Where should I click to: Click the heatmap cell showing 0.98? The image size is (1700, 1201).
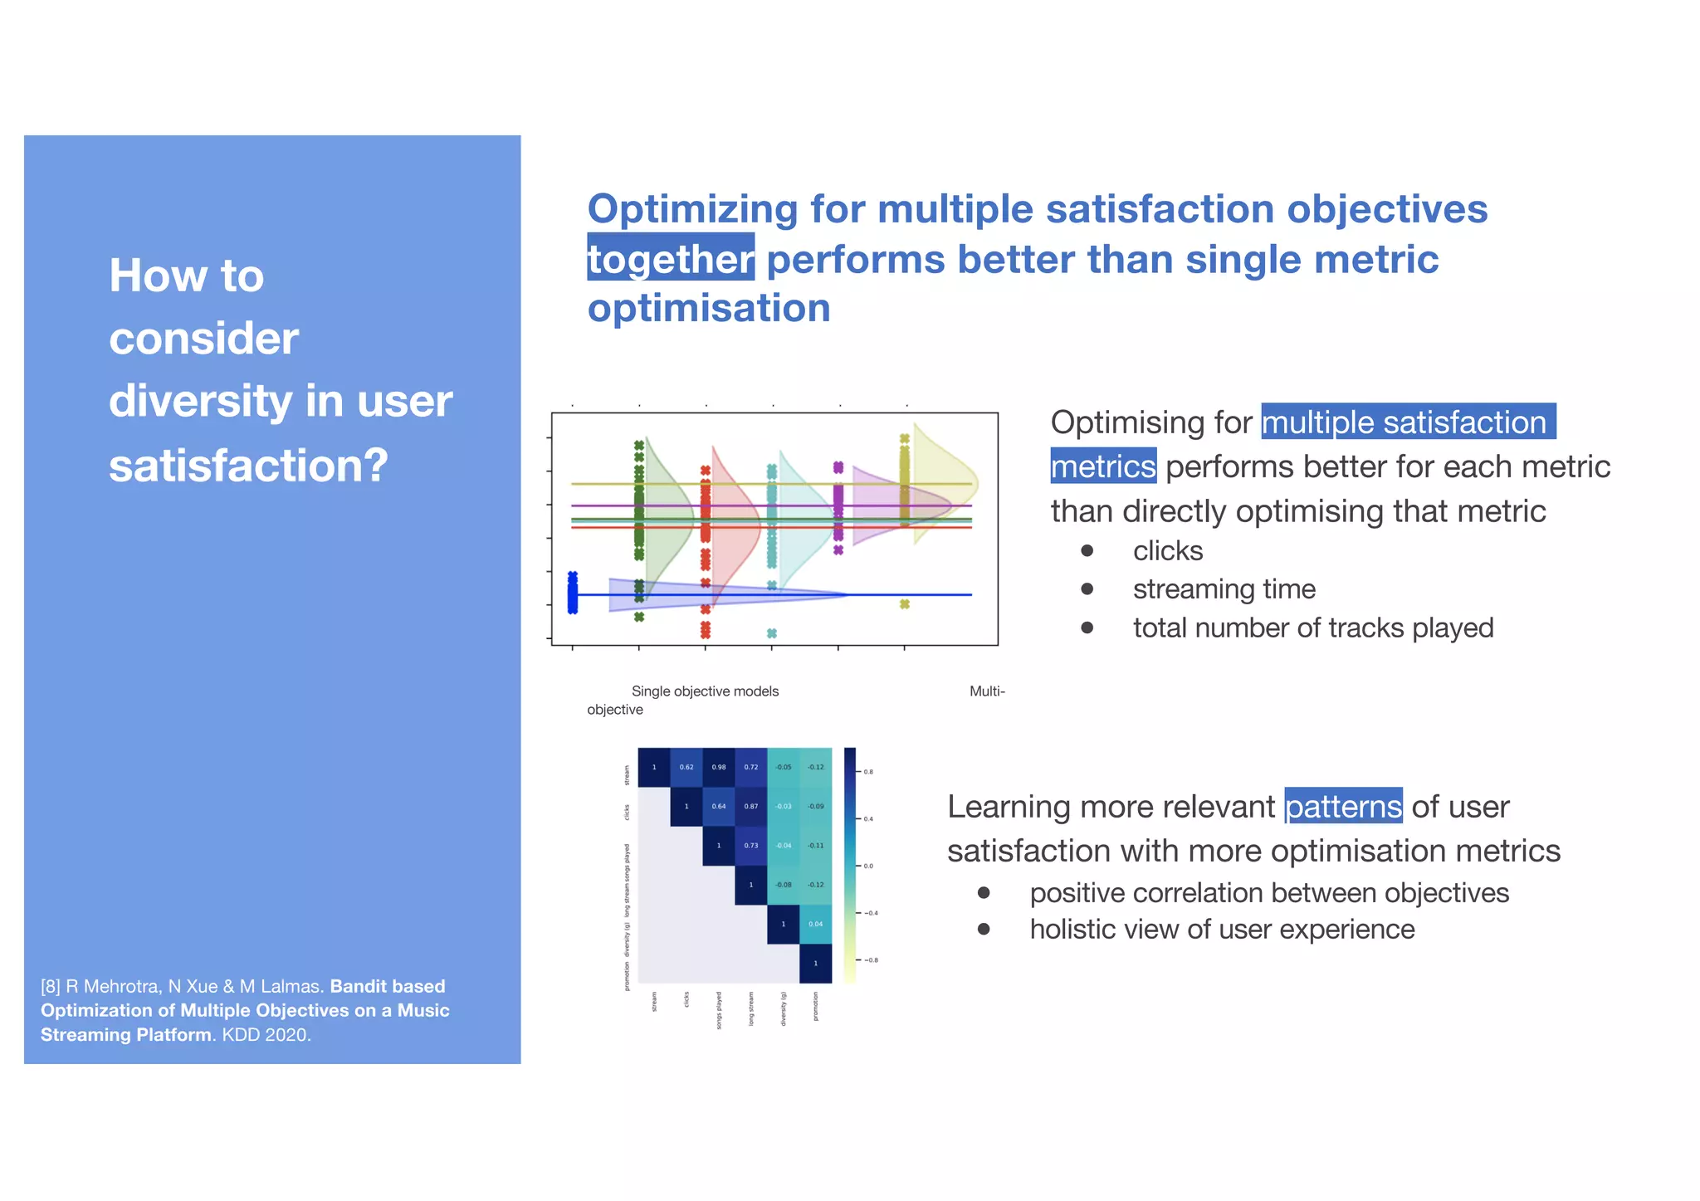[x=719, y=767]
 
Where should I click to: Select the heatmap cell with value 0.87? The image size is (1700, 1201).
[x=751, y=806]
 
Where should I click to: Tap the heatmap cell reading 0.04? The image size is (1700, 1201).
[x=816, y=924]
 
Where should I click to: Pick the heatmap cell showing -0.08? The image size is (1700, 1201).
[x=784, y=885]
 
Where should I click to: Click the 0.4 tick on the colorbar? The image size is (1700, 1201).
[x=868, y=819]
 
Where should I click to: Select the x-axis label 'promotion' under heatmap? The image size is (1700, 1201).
[x=816, y=1006]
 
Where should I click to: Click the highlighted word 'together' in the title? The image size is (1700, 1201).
[x=671, y=259]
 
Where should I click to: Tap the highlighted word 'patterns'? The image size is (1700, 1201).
[x=1343, y=806]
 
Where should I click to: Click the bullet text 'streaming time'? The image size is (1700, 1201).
[x=1224, y=589]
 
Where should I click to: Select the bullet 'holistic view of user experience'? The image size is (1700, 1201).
[x=1222, y=929]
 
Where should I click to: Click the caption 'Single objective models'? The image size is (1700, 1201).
[x=705, y=691]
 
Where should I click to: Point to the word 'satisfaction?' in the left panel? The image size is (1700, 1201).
[x=248, y=465]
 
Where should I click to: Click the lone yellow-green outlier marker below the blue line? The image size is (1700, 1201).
[x=905, y=604]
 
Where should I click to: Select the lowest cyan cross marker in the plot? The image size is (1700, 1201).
[x=772, y=633]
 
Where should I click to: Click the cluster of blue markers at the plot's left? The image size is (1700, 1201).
[x=573, y=593]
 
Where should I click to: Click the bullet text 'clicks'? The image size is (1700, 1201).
[x=1167, y=551]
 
